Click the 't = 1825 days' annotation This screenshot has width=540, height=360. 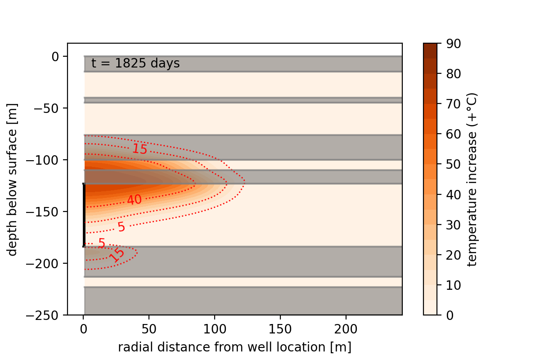pyautogui.click(x=135, y=64)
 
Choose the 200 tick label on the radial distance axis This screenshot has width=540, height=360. pyautogui.click(x=346, y=329)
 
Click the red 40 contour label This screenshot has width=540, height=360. pyautogui.click(x=134, y=200)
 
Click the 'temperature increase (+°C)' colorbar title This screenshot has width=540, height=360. pyautogui.click(x=472, y=179)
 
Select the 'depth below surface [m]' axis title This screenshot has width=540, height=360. pyautogui.click(x=13, y=179)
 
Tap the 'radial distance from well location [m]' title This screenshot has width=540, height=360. pyautogui.click(x=234, y=347)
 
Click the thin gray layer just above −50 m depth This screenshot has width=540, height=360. pyautogui.click(x=243, y=100)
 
